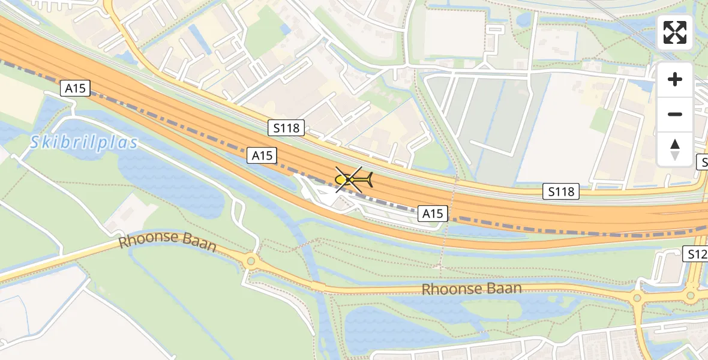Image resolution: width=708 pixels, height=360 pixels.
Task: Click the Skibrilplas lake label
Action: point(83,142)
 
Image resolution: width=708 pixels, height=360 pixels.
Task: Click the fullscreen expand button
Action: point(675,32)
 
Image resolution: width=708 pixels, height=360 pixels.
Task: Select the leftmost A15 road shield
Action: point(75,89)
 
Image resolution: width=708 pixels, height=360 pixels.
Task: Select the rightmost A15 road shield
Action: point(433,213)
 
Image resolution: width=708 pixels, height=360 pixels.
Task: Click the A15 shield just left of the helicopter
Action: point(262,155)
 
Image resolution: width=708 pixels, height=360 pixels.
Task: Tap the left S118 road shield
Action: point(286,127)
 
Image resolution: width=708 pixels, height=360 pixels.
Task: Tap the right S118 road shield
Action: point(562,191)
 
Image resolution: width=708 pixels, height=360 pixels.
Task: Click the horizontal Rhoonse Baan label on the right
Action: point(472,289)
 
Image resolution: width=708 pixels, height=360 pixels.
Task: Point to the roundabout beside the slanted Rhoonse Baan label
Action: point(250,261)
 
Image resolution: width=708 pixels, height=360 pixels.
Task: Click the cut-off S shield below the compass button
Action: point(703,161)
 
